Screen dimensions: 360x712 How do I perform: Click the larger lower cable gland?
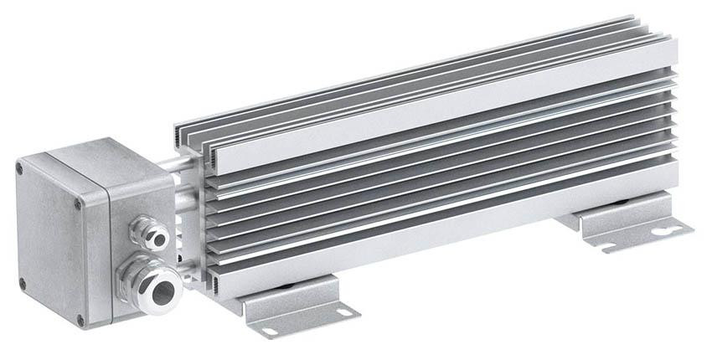point(151,284)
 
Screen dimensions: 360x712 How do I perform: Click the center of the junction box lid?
point(52,243)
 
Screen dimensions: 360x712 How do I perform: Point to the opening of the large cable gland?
point(163,291)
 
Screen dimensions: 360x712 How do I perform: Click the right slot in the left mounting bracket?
point(343,311)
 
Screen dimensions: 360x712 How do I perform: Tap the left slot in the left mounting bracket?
point(270,332)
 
